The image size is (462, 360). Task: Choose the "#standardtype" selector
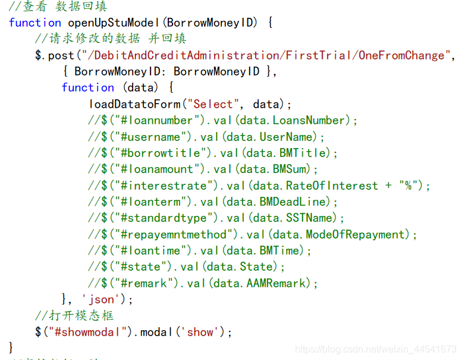[161, 218]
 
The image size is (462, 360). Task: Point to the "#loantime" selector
[148, 251]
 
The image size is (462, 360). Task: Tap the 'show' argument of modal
[200, 331]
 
